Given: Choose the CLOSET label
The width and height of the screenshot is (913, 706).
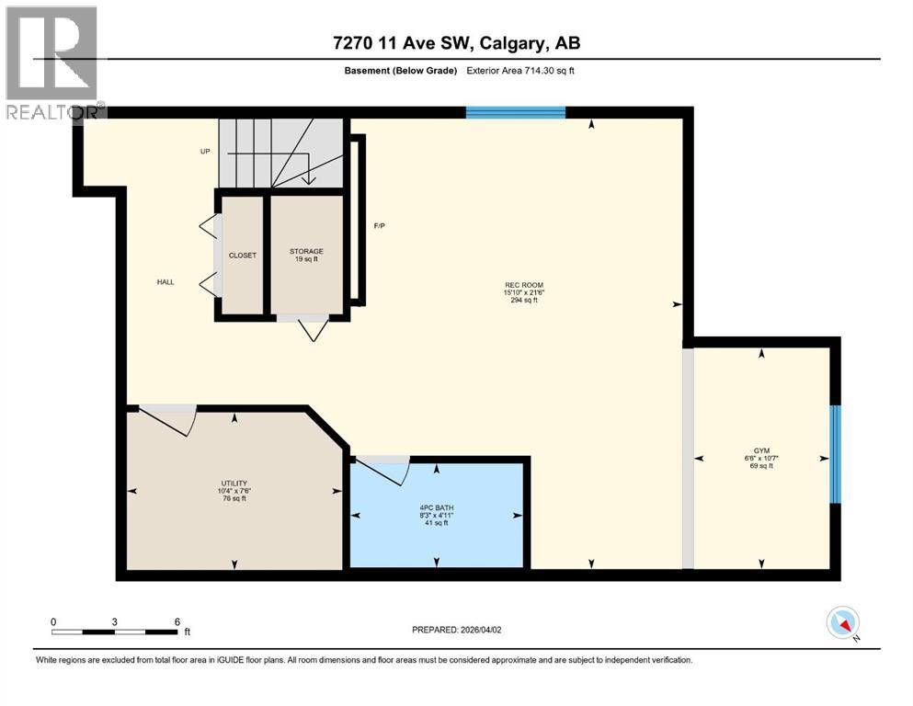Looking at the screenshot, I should pos(244,255).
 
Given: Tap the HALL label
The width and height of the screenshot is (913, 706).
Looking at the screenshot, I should pos(165,283).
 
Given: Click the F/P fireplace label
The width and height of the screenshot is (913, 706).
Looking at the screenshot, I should pos(378,226).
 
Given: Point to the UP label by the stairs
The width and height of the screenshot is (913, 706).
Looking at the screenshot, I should pos(205,151).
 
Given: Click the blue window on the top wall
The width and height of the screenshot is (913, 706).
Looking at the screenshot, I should pos(515,113).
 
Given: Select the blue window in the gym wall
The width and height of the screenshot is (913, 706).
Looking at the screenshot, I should pos(835,454).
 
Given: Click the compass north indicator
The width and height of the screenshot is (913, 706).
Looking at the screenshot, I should pos(843,623).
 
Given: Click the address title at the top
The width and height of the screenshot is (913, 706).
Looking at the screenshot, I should pos(456,42).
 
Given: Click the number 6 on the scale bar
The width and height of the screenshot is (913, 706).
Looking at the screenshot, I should pos(176,621).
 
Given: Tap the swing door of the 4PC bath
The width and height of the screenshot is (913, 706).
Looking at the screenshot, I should pos(382,469).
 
